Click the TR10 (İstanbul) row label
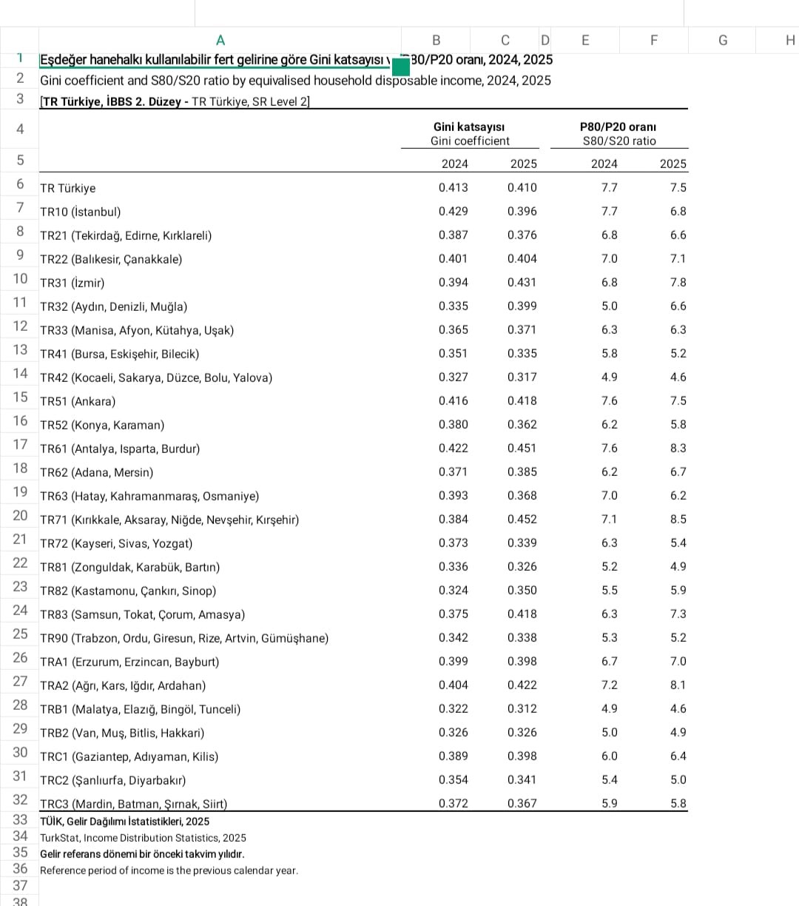pyautogui.click(x=80, y=212)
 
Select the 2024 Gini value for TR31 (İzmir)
pyautogui.click(x=453, y=283)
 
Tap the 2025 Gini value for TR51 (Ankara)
pyautogui.click(x=522, y=401)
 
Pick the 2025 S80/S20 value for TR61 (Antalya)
pyautogui.click(x=678, y=449)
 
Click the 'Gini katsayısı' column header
pyautogui.click(x=470, y=127)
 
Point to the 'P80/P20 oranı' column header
pyautogui.click(x=618, y=127)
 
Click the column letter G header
pyautogui.click(x=722, y=41)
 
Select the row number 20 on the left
pyautogui.click(x=20, y=515)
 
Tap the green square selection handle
pyautogui.click(x=400, y=67)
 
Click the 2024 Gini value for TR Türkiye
pyautogui.click(x=453, y=188)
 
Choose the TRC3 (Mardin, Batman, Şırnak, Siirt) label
pyautogui.click(x=133, y=804)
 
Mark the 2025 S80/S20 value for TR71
pyautogui.click(x=678, y=520)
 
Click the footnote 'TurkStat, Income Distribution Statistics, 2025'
pyautogui.click(x=143, y=838)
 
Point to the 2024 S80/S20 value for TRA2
pyautogui.click(x=609, y=685)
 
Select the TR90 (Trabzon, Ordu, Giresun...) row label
pyautogui.click(x=184, y=638)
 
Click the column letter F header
pyautogui.click(x=653, y=41)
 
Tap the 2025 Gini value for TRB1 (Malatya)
pyautogui.click(x=522, y=709)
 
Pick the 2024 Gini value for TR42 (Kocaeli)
pyautogui.click(x=453, y=377)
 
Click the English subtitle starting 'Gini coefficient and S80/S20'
pyautogui.click(x=295, y=81)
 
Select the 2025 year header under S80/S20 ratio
pyautogui.click(x=672, y=164)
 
